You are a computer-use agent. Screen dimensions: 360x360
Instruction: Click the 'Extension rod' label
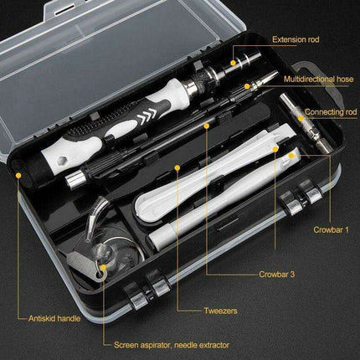pyautogui.click(x=295, y=39)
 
